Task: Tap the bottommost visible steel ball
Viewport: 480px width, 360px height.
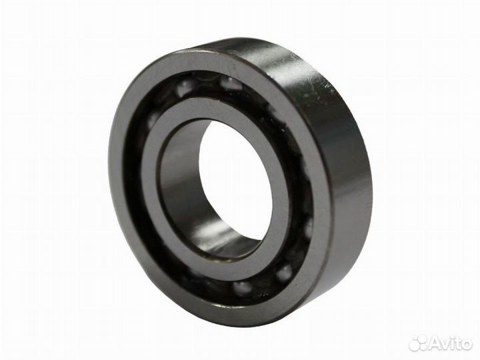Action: click(243, 287)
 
